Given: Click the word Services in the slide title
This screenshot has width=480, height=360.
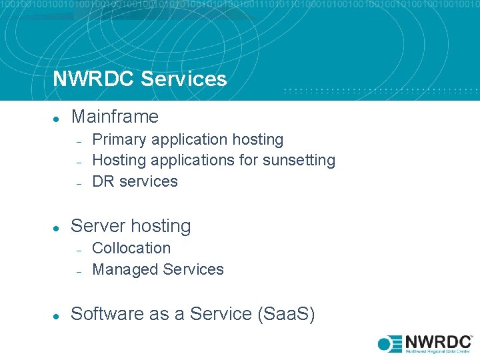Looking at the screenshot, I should pos(184,79).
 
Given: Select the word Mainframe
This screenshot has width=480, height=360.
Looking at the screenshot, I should pos(115,117).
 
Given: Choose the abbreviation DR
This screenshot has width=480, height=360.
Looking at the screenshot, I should pos(103,181).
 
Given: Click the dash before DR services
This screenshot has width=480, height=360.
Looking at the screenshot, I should pos(78,182).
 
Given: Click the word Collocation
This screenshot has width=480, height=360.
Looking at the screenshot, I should pos(131,248).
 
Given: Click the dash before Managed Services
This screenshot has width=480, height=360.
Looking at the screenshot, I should pos(78,271).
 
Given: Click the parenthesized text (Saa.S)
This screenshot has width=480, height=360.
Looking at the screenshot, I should pos(286,314).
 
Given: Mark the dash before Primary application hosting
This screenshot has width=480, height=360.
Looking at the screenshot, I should pos(78,141).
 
